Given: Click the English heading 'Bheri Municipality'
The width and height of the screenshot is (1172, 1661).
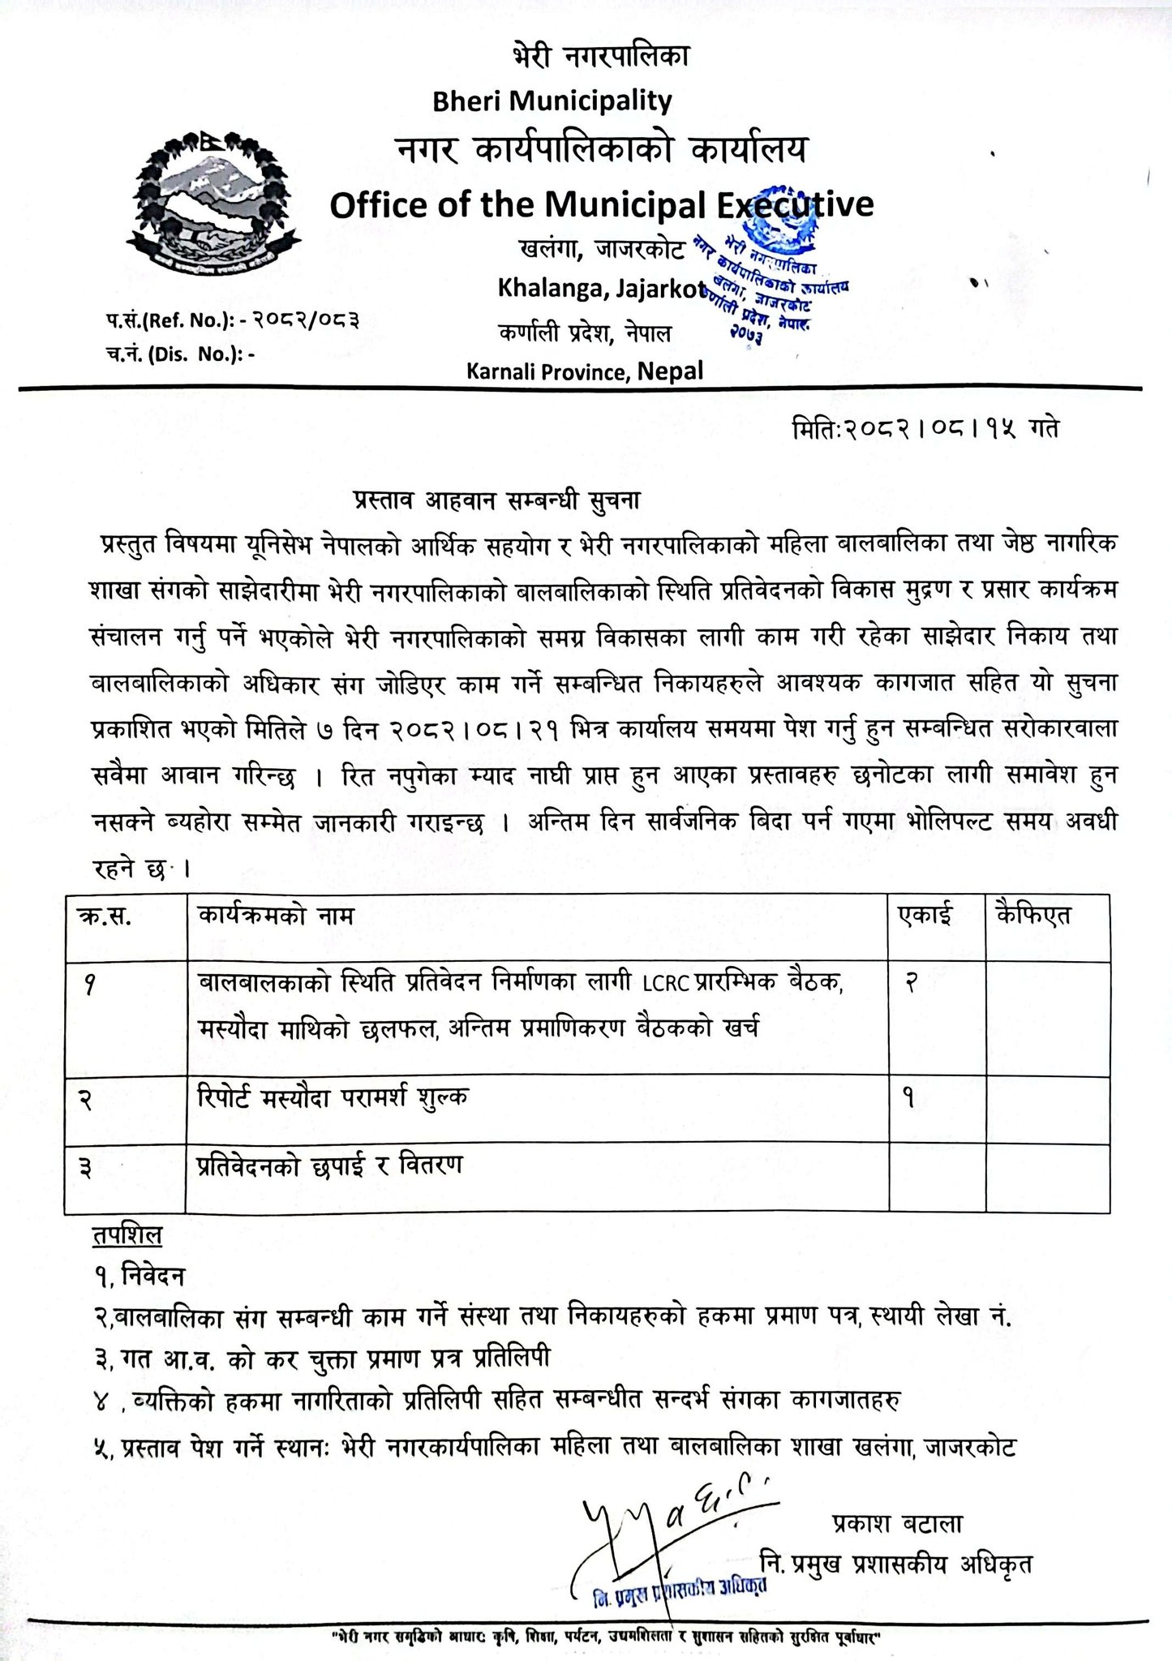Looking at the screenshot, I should pos(552,101).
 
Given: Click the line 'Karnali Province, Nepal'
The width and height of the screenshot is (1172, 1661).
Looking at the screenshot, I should pos(584,371).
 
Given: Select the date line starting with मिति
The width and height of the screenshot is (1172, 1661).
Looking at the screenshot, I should pos(924,427).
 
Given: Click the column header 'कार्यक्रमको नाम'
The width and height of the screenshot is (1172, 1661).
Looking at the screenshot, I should pos(275,915).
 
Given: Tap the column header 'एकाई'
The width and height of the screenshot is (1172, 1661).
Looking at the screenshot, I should pos(925,915).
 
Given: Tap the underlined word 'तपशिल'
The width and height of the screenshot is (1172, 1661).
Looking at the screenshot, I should pos(125,1236).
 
